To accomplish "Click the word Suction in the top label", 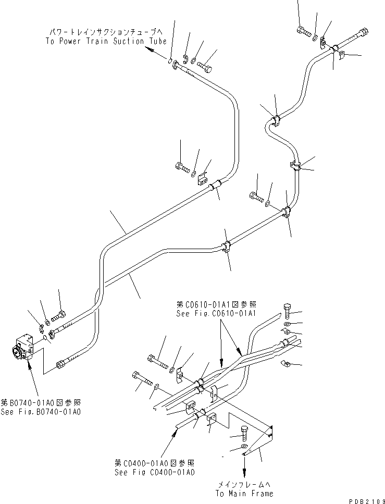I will coord(132,41).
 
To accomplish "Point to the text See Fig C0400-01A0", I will coord(155,472).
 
